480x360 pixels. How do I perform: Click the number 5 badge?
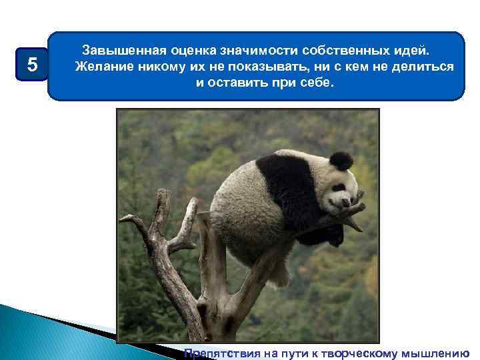tap(31, 65)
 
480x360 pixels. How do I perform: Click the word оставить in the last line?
tap(239, 85)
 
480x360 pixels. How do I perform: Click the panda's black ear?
tap(341, 161)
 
